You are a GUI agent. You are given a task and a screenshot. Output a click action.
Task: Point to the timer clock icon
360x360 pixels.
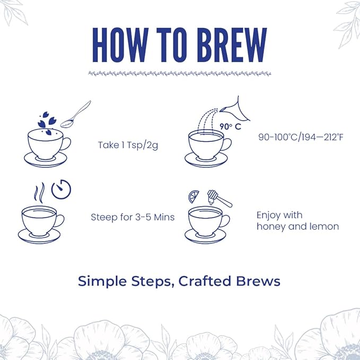point(61,189)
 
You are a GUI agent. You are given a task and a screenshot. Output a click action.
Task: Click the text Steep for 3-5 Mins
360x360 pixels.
point(133,217)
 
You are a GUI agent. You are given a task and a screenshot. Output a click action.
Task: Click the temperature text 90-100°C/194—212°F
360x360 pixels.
point(300,137)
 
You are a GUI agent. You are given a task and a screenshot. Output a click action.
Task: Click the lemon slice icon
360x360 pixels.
point(194,197)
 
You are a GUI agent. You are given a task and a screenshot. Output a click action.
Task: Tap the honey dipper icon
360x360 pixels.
point(219,198)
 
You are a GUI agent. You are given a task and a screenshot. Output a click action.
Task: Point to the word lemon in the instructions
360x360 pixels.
point(324,226)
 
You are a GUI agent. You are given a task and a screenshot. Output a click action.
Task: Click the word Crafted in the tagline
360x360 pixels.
point(204,280)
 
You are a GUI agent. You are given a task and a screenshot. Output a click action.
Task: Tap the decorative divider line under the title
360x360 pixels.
point(180,73)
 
